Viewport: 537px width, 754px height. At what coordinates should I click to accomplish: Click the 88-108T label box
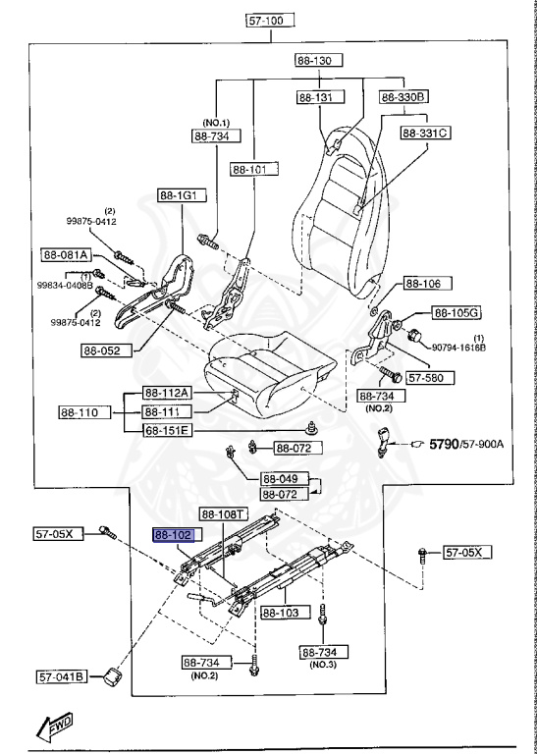click(x=224, y=513)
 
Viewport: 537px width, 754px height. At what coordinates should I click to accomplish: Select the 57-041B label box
click(x=64, y=675)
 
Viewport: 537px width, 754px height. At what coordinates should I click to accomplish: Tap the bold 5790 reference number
click(x=444, y=445)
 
